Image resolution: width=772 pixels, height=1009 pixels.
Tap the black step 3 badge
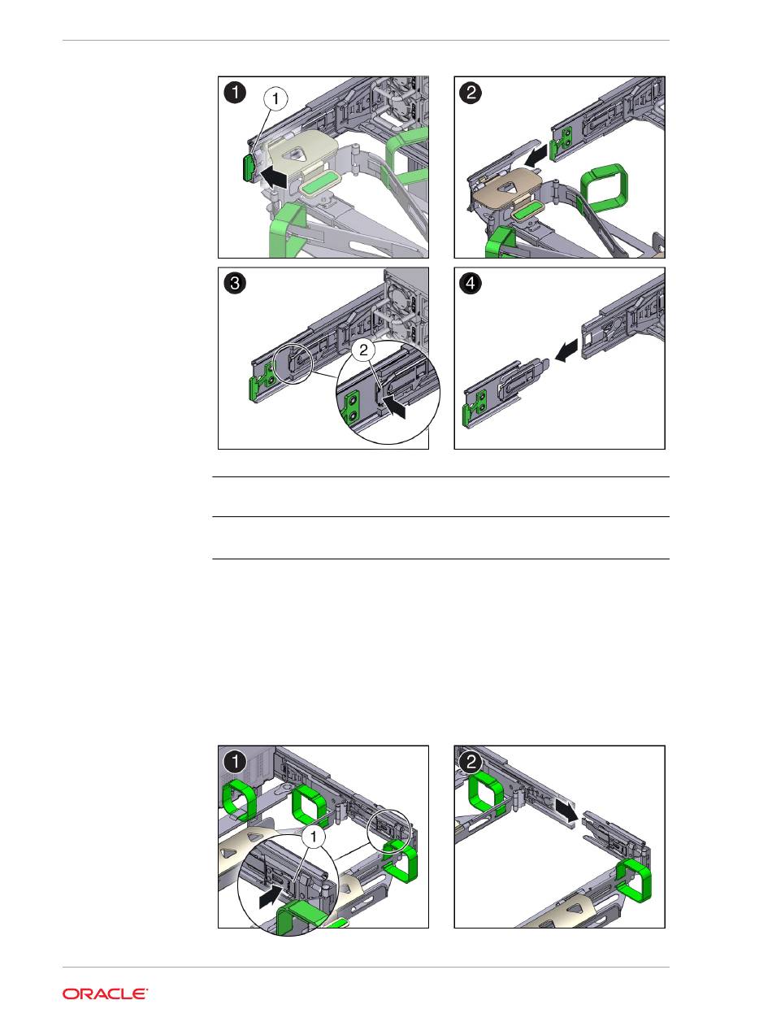(x=235, y=283)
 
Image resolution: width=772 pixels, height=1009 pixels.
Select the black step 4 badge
(x=471, y=283)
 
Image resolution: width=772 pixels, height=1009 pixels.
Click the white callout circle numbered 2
(x=363, y=350)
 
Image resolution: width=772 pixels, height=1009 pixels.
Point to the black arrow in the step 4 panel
(x=566, y=350)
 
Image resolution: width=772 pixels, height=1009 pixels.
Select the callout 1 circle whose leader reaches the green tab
(x=275, y=99)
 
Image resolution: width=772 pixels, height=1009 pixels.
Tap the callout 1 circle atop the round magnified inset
(x=314, y=837)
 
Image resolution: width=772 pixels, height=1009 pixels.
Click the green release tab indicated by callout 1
(x=248, y=168)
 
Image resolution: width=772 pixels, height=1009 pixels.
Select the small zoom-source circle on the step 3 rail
(x=292, y=364)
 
